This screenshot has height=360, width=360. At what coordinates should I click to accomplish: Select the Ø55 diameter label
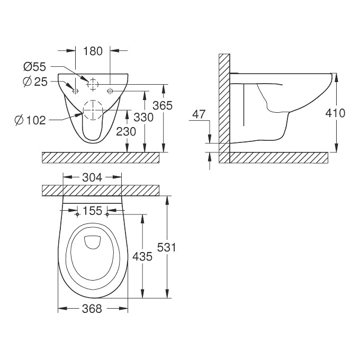tap(34, 67)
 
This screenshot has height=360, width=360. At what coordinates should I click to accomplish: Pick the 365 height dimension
tap(163, 105)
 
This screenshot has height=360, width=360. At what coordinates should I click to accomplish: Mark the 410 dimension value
tap(335, 113)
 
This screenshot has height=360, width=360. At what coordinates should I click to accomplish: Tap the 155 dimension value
tap(92, 211)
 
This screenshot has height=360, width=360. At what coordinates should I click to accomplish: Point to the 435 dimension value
tap(142, 257)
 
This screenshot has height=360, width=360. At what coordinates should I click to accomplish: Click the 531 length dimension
tap(166, 247)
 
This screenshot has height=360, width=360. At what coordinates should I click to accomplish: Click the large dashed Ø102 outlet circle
tap(93, 109)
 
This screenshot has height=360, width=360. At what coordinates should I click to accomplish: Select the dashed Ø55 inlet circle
tap(93, 84)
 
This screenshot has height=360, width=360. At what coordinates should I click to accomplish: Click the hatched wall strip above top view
tap(100, 191)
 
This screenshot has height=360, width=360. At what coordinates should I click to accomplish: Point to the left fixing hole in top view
tap(78, 215)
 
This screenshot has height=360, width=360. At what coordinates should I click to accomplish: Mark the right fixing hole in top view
tap(107, 215)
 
